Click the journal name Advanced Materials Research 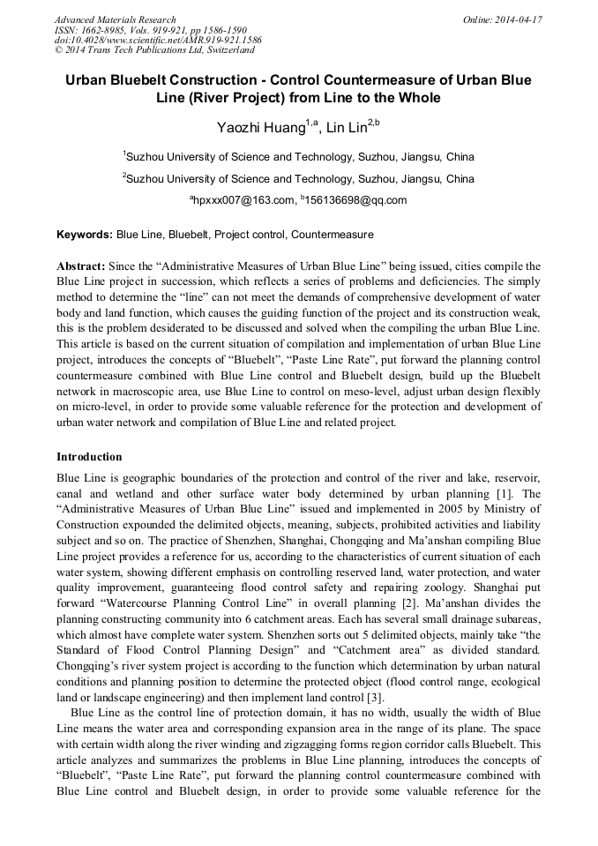(x=115, y=19)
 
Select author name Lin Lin (x=347, y=128)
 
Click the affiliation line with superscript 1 (x=298, y=157)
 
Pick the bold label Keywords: (x=85, y=235)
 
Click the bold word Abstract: (x=81, y=266)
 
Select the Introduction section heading (x=89, y=457)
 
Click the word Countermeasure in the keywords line (x=332, y=235)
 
